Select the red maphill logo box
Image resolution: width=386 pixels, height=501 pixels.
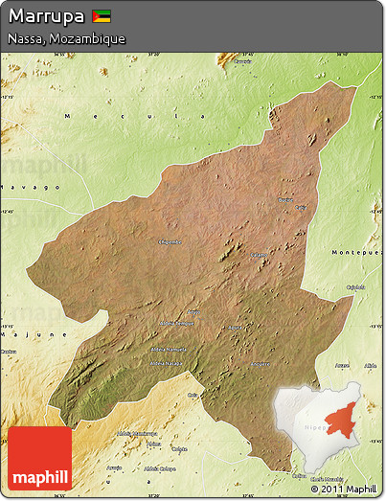click(x=40, y=458)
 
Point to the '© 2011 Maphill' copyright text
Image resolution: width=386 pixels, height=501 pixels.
click(x=343, y=489)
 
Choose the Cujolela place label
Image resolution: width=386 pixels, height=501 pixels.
click(x=355, y=286)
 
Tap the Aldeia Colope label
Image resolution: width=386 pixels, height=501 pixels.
click(x=159, y=468)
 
